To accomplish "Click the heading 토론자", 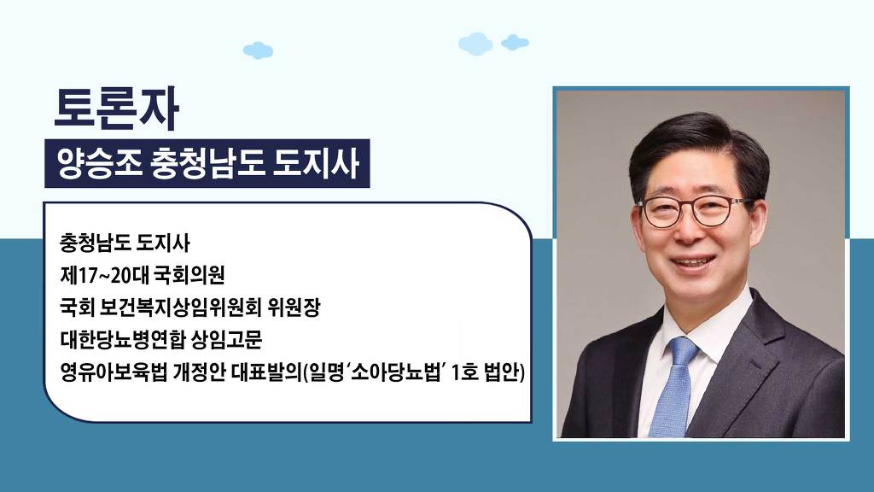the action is click(x=116, y=108).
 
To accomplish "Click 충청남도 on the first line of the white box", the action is click(x=95, y=243).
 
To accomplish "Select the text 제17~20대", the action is click(x=103, y=275).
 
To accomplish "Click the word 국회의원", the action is click(x=189, y=275).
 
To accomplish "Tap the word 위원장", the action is click(x=294, y=307).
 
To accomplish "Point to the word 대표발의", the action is click(x=265, y=372).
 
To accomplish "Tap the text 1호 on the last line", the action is click(x=464, y=372).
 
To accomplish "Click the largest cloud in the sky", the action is click(x=475, y=44).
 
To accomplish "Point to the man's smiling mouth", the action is click(x=692, y=261).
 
